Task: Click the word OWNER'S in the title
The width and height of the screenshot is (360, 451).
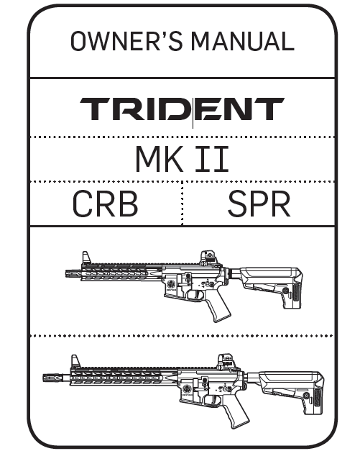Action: (x=126, y=41)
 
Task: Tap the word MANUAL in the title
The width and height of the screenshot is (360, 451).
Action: (x=242, y=41)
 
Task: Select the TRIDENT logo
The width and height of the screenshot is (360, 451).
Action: (x=182, y=109)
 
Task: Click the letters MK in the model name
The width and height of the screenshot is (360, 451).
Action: (x=160, y=159)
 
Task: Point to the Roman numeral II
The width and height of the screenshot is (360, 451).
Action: (x=212, y=159)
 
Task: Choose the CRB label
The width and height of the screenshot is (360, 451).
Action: (x=105, y=204)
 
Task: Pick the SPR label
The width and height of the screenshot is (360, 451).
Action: (x=259, y=204)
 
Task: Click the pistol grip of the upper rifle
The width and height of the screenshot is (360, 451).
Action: (x=219, y=308)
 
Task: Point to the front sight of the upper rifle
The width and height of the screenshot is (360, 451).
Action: (x=86, y=258)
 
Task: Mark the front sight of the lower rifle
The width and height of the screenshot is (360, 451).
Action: (x=75, y=361)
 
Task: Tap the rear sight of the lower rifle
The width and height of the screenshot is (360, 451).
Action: (x=226, y=361)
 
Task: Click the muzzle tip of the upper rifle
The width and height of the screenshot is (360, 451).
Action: (x=66, y=273)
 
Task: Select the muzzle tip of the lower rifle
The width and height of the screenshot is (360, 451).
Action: (x=45, y=378)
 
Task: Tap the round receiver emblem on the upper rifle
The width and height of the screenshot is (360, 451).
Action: (x=172, y=285)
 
